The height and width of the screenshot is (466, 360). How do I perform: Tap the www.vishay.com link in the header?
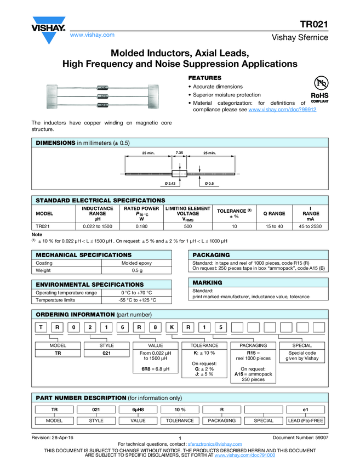[92, 35]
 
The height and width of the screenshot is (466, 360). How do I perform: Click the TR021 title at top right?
[314, 24]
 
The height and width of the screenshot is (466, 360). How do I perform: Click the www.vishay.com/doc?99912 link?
[282, 110]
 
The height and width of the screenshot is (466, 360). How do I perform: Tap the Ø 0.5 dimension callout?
[209, 182]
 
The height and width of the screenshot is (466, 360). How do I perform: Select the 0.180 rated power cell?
[141, 226]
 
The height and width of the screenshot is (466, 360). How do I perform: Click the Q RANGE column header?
[274, 214]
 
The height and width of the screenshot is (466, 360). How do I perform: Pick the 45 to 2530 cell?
[311, 226]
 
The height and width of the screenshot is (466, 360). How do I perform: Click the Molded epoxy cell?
[136, 263]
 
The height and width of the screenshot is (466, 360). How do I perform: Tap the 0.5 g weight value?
[136, 271]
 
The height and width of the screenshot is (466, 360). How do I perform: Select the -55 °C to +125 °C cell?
[136, 300]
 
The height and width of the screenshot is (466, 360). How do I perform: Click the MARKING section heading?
[208, 282]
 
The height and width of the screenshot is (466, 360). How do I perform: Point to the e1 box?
[305, 410]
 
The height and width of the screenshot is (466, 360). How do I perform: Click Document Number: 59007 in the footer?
[300, 437]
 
